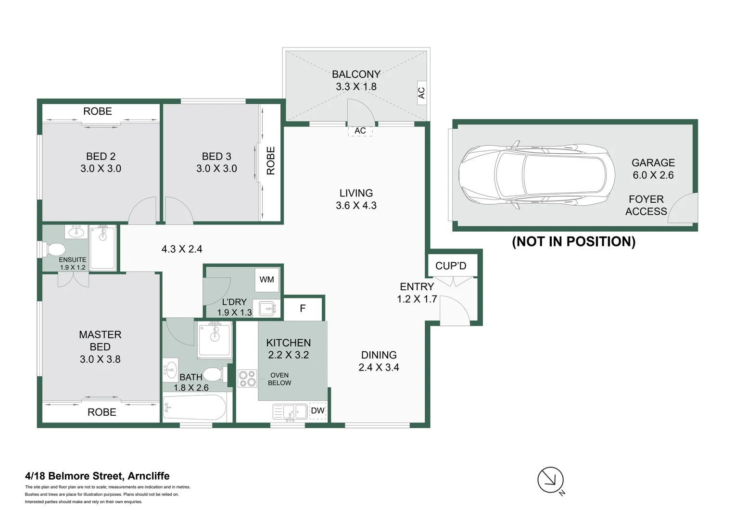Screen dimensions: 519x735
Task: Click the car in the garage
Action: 536,175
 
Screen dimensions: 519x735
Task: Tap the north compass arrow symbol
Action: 550,480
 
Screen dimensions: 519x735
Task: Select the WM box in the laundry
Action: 266,280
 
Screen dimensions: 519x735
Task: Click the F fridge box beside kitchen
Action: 303,309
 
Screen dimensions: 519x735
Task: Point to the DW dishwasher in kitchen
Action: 317,410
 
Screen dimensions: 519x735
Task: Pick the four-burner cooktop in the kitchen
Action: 247,378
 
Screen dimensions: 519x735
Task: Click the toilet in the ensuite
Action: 54,250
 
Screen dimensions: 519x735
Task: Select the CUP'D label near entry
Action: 451,266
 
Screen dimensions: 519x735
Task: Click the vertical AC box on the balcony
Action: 421,93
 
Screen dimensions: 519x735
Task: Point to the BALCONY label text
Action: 356,74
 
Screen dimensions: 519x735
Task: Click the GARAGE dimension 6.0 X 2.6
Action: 653,175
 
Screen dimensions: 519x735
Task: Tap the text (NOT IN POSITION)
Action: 573,241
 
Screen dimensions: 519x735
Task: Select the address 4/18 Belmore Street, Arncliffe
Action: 97,476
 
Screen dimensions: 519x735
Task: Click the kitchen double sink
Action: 290,411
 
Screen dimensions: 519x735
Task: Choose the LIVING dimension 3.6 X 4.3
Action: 356,205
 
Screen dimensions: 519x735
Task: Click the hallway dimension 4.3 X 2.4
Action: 182,249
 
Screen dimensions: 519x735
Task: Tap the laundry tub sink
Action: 267,309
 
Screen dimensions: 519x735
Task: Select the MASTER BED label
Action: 100,340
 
